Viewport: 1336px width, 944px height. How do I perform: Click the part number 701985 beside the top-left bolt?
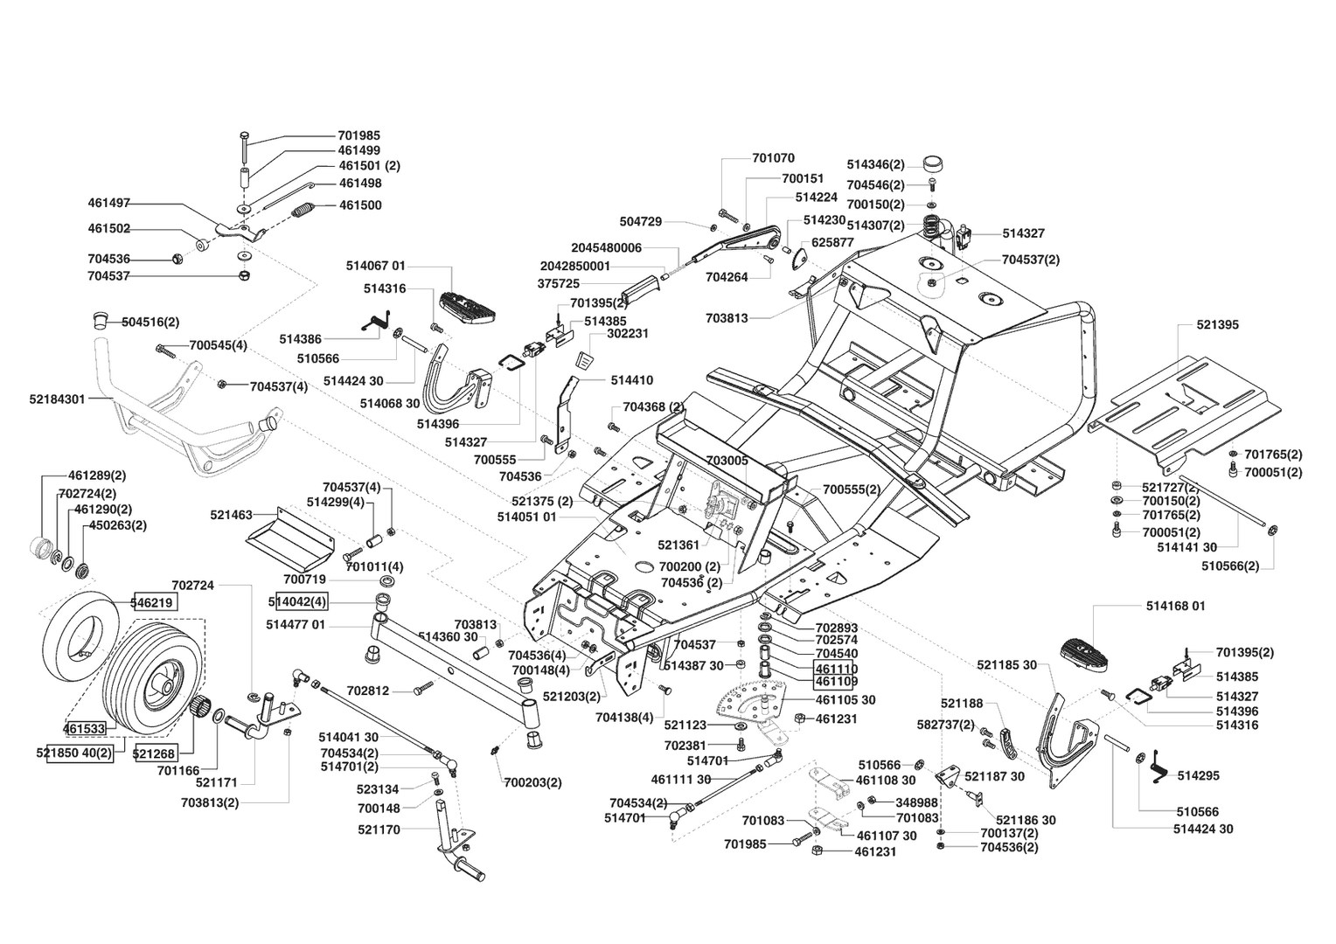(x=359, y=135)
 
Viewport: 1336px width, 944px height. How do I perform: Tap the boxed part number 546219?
(x=153, y=602)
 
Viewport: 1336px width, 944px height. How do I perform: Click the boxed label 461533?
(x=84, y=728)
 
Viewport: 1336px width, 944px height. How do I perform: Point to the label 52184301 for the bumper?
(x=57, y=399)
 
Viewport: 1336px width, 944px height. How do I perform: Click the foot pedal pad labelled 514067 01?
(x=467, y=307)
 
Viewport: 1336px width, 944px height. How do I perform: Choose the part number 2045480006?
(x=607, y=247)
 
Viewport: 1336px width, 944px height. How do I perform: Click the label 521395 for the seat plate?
(x=1218, y=324)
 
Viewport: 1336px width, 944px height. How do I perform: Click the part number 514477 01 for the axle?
(x=296, y=625)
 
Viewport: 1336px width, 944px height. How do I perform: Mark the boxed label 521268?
(x=155, y=753)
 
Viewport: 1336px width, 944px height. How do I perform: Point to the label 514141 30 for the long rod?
(x=1186, y=547)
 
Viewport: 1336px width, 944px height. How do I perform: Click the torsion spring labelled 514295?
(x=1160, y=767)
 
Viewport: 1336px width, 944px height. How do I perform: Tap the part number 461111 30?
(x=681, y=779)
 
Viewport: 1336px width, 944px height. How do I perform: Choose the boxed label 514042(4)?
(x=297, y=601)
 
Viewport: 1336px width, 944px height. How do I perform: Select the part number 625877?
(x=832, y=243)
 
